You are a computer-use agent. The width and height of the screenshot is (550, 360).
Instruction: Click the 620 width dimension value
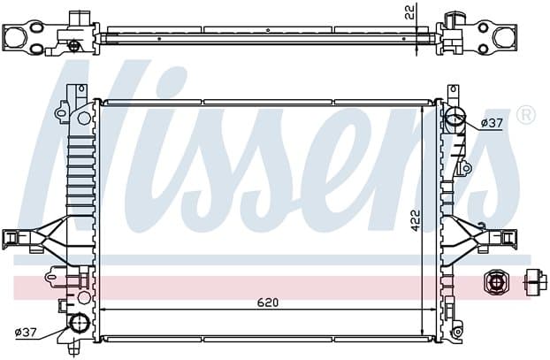(x=268, y=303)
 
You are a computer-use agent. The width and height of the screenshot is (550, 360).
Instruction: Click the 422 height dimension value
(x=416, y=220)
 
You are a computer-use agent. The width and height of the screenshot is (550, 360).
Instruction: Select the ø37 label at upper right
(x=492, y=123)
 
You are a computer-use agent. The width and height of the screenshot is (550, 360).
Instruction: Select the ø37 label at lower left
(x=26, y=332)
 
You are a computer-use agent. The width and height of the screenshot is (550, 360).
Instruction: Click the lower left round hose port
(x=80, y=323)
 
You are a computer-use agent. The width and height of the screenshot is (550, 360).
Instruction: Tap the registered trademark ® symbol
(x=526, y=116)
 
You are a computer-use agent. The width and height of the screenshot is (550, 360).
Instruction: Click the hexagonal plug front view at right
(x=495, y=282)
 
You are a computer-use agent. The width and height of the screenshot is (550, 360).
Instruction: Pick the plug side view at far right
(x=535, y=282)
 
